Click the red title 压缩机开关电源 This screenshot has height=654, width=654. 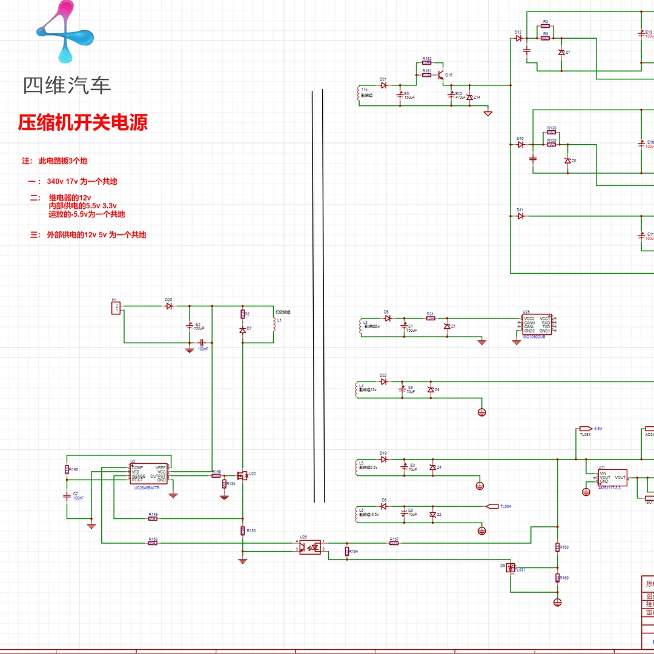click(83, 123)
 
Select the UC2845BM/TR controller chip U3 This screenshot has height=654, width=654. click(149, 474)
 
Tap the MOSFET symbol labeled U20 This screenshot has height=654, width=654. click(242, 477)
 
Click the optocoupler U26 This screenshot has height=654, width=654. click(310, 547)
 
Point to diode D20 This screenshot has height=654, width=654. click(169, 306)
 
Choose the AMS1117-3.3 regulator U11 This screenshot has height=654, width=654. click(612, 477)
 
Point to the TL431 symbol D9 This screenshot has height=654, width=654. click(510, 567)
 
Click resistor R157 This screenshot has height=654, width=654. click(394, 543)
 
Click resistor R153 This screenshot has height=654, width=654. click(153, 543)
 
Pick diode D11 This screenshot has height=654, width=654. click(520, 216)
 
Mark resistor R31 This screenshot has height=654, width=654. click(431, 318)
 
